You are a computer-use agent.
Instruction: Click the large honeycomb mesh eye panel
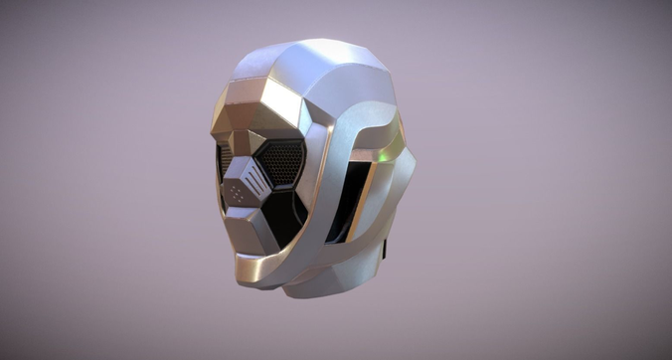pyautogui.click(x=281, y=161)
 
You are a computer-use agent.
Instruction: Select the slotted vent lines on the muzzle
pyautogui.click(x=256, y=182)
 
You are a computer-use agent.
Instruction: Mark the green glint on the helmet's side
pyautogui.click(x=379, y=156)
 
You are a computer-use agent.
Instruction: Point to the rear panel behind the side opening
pyautogui.click(x=398, y=199)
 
